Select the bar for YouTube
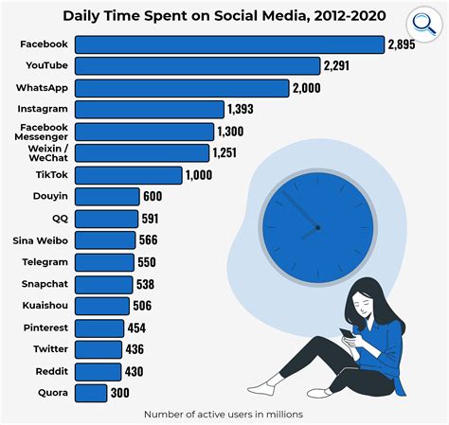[x=197, y=66]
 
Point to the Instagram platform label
[x=43, y=110]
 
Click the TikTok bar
[x=128, y=175]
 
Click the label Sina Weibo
[x=39, y=240]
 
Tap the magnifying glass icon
[x=419, y=24]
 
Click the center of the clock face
[x=316, y=227]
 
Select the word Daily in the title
[x=84, y=16]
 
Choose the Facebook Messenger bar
[x=144, y=132]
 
